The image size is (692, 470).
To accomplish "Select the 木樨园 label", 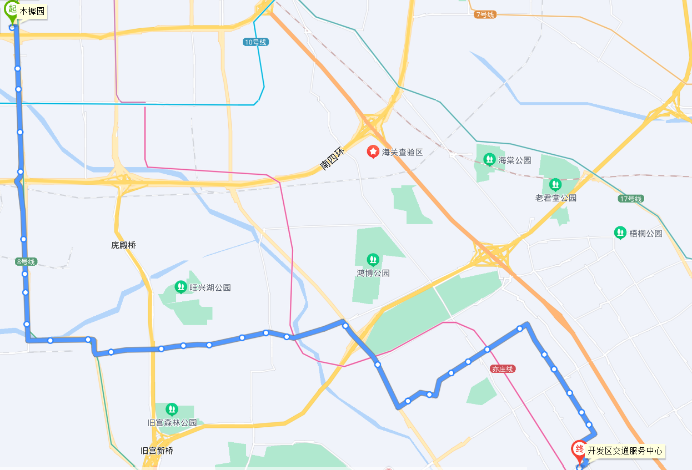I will click(x=32, y=11).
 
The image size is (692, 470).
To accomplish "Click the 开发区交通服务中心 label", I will click(x=625, y=451).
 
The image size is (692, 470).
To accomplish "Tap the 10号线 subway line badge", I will click(x=255, y=42).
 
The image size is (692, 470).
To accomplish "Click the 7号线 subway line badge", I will click(x=484, y=14).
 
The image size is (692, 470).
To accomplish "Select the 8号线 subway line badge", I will click(x=26, y=261).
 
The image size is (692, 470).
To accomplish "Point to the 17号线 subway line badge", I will click(x=630, y=199).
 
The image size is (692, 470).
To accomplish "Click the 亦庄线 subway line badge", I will click(x=503, y=369).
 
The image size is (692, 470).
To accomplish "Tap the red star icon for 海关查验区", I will click(x=374, y=151).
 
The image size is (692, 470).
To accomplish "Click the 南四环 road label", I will click(x=332, y=158).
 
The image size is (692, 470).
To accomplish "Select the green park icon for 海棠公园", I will click(x=489, y=160).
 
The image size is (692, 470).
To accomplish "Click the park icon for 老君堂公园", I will click(x=555, y=184).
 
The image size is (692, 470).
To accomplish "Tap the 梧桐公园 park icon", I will click(x=620, y=233).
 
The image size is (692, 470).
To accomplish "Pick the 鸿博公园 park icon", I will click(x=373, y=259).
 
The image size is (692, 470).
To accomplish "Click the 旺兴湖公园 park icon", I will click(x=180, y=287).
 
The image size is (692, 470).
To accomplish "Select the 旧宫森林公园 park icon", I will click(x=172, y=410).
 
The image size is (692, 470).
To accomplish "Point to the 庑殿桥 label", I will click(x=123, y=245).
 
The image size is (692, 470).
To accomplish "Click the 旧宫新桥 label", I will click(x=157, y=451).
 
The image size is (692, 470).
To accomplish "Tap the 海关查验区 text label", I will click(x=402, y=152).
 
